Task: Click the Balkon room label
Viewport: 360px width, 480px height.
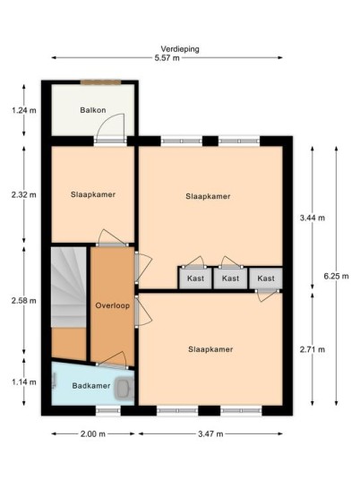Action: [x=93, y=110]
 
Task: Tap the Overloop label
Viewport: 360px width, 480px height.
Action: [x=112, y=305]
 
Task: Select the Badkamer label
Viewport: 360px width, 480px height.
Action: [x=91, y=385]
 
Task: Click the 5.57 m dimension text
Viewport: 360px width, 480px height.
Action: [x=167, y=58]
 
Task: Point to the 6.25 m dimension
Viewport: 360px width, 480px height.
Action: [x=336, y=276]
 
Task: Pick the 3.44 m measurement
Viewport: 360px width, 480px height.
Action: [x=313, y=218]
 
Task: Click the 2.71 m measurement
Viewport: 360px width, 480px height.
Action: [x=313, y=349]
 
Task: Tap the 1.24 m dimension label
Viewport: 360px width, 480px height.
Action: [x=24, y=110]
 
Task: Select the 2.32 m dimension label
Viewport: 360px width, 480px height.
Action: [x=24, y=194]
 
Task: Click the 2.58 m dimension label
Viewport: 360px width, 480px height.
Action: [x=24, y=301]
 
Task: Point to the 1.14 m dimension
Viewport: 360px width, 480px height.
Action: [x=24, y=382]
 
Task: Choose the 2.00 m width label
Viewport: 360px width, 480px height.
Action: [x=93, y=433]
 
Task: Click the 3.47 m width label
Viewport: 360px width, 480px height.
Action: [x=210, y=433]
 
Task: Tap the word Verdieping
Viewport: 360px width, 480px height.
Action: [x=180, y=49]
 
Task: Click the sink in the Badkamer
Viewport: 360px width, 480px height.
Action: [x=124, y=388]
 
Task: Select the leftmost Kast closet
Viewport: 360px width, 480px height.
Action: [x=195, y=279]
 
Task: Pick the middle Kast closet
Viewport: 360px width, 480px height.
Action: [x=230, y=279]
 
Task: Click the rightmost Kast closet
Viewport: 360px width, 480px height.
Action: [x=266, y=279]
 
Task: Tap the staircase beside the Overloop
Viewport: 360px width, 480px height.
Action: [x=68, y=287]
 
